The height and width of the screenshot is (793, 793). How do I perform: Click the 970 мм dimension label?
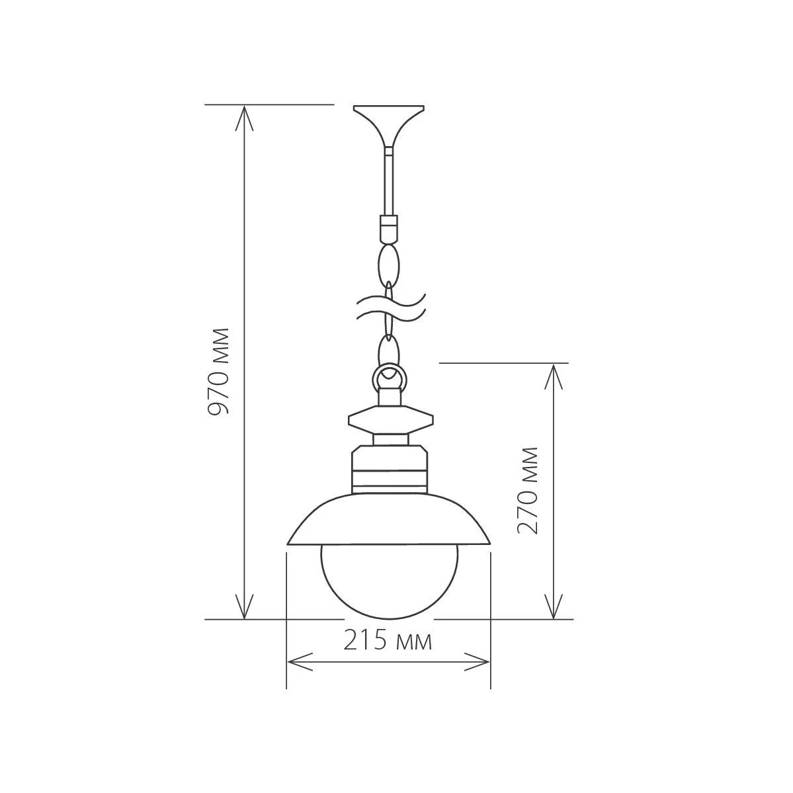218,371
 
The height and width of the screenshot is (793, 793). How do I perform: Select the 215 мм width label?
388,641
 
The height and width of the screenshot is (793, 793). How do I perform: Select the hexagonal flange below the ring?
390,419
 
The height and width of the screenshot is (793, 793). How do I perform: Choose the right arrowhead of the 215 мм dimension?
480,661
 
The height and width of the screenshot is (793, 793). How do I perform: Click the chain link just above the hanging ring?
388,349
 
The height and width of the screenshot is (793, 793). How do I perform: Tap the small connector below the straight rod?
388,228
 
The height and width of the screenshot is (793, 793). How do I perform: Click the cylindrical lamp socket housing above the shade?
389,470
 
